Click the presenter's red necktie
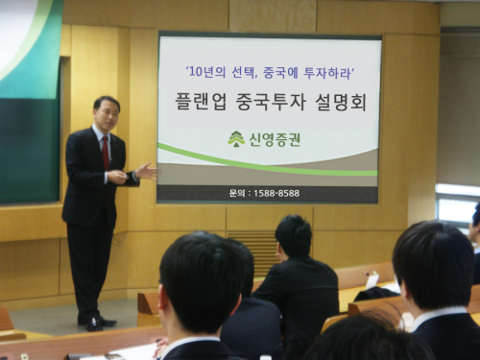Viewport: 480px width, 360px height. point(106,153)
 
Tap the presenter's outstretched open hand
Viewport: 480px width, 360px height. point(147,171)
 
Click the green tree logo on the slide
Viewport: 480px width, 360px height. point(236,139)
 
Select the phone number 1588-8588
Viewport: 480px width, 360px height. point(276,193)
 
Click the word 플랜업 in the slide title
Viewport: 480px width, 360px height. point(201,102)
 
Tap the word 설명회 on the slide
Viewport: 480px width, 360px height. point(341,102)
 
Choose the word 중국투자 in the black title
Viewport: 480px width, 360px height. point(271,102)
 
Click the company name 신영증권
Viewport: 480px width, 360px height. point(275,139)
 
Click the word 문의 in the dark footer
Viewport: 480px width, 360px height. point(237,193)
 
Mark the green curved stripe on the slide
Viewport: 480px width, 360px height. point(267,162)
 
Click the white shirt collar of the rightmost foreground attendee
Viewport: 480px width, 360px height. point(438,316)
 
